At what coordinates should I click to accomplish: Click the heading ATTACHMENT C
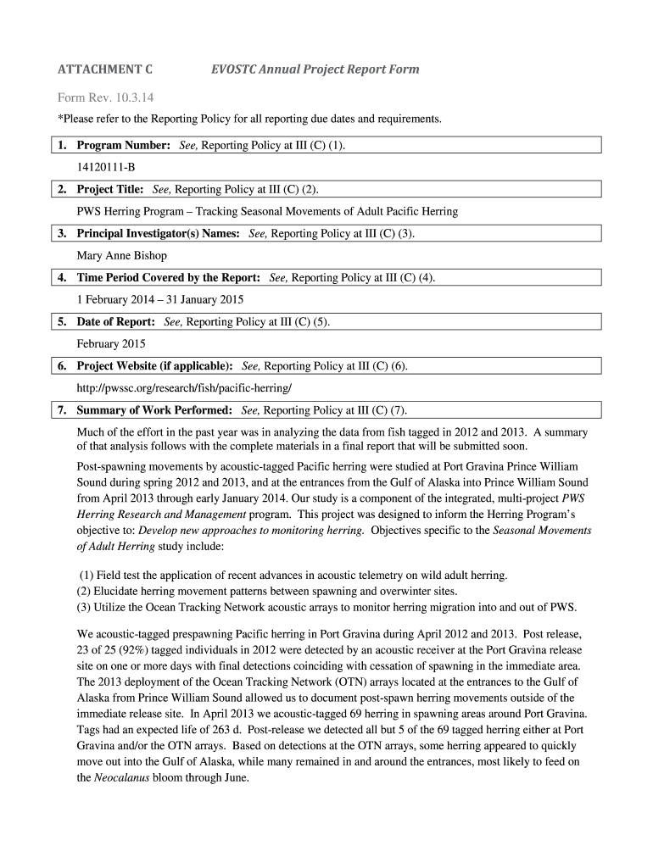pyautogui.click(x=104, y=69)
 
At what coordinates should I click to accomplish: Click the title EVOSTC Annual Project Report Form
pyautogui.click(x=315, y=69)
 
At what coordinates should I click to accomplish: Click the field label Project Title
pyautogui.click(x=110, y=189)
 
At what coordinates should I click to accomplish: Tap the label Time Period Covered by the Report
pyautogui.click(x=168, y=277)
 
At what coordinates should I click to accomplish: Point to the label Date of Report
pyautogui.click(x=116, y=321)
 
